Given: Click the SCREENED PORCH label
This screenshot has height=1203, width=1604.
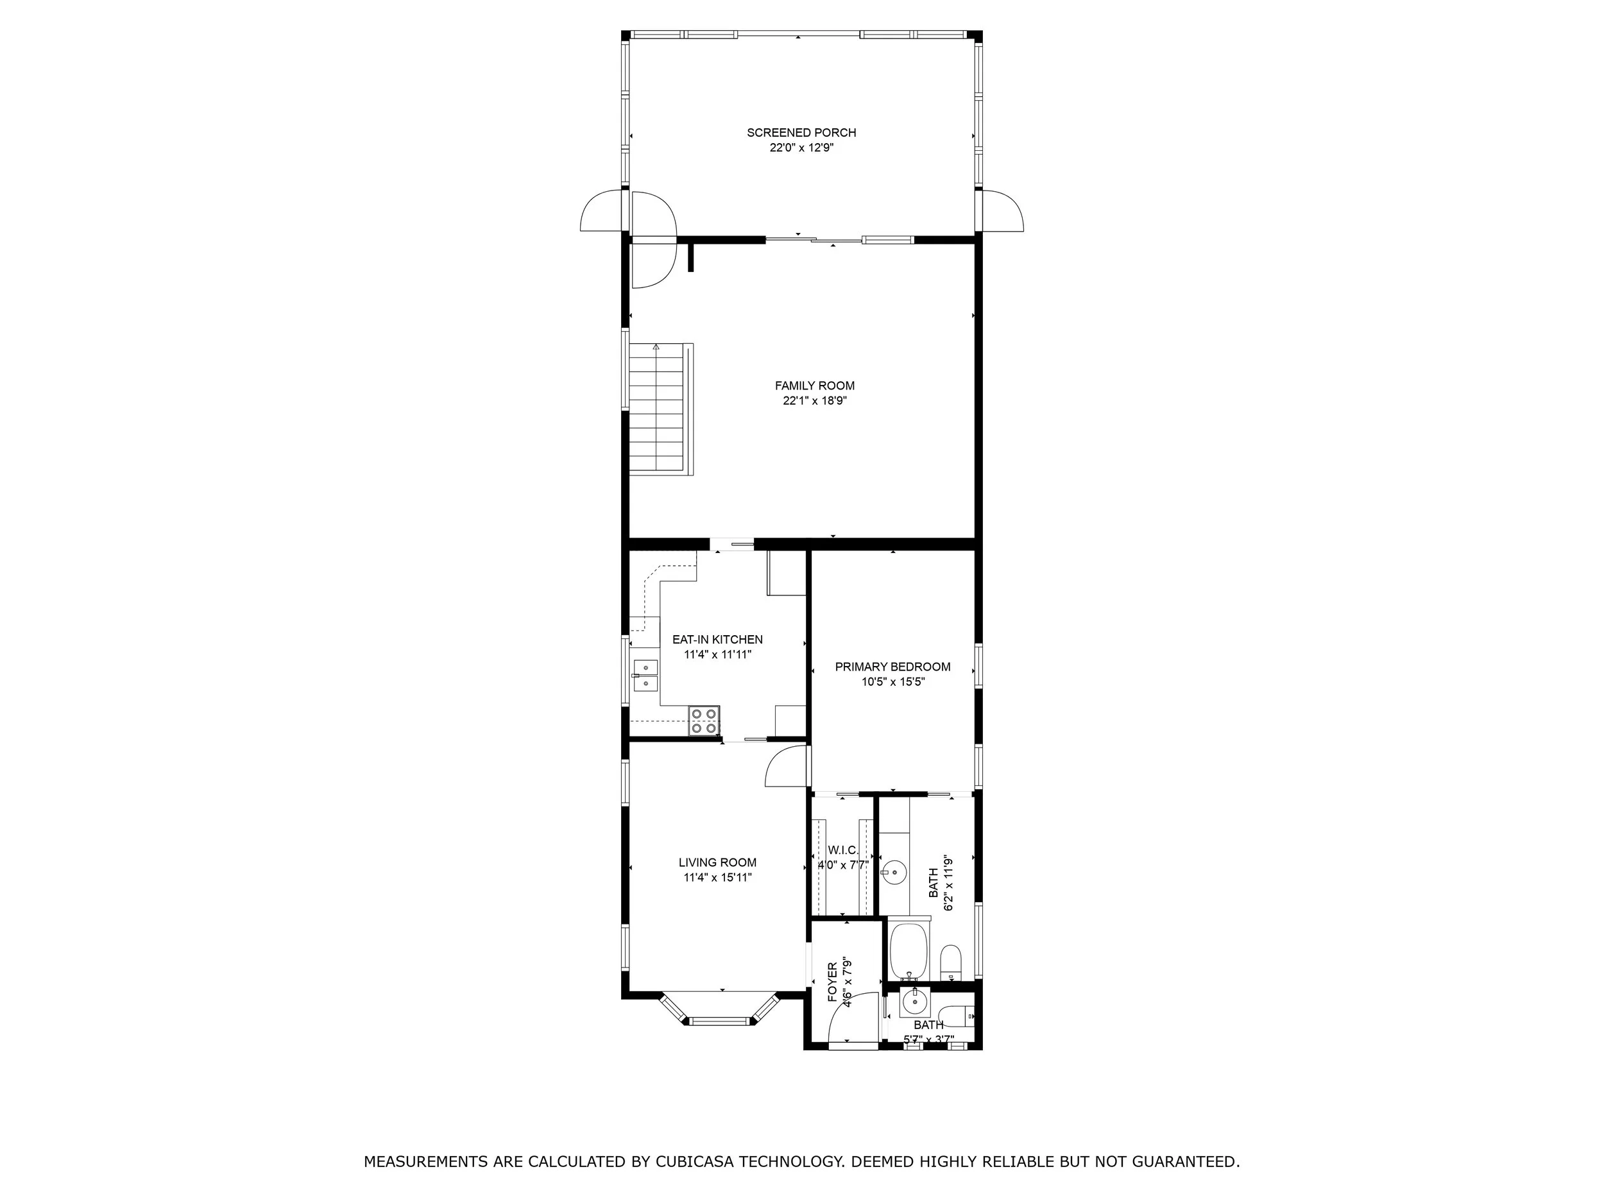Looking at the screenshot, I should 801,133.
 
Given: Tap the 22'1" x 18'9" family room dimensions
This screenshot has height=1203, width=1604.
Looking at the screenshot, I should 814,400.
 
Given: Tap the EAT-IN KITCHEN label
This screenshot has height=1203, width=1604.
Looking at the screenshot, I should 717,640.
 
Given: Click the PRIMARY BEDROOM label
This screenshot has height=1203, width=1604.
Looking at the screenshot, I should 892,667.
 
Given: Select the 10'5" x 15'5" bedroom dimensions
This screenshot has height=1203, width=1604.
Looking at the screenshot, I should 892,681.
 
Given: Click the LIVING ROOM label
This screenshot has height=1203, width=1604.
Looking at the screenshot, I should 717,862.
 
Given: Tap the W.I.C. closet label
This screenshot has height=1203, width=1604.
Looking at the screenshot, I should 842,850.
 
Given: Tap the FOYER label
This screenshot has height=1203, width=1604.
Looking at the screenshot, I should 832,982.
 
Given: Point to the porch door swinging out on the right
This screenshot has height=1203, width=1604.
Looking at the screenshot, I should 1004,210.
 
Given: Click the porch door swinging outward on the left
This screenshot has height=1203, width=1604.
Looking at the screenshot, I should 601,210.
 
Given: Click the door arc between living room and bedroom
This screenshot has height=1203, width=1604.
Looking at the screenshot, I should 786,767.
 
